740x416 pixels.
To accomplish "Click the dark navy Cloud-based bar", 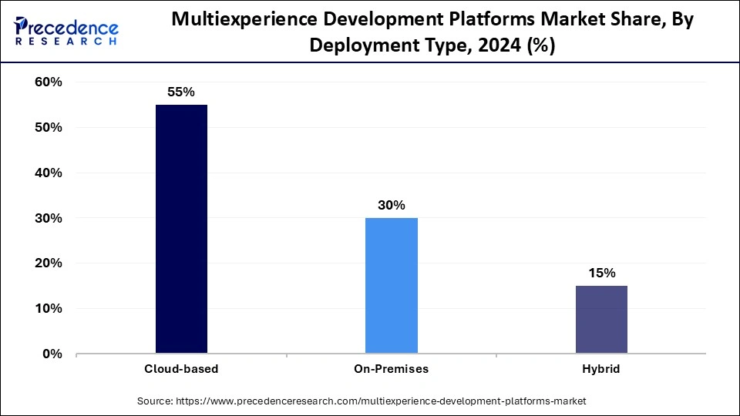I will click(181, 229).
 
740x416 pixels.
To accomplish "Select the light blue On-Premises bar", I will click(391, 286).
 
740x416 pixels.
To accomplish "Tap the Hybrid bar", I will click(601, 320).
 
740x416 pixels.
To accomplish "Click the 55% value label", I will click(181, 92).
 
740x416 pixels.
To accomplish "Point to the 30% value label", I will click(391, 205).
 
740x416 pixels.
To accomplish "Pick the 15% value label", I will click(601, 273).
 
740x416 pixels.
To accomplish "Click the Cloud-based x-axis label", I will click(181, 369).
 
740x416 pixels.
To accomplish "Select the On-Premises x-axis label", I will click(391, 369).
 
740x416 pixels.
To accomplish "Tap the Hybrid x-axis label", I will click(601, 369).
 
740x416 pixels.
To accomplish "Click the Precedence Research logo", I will click(66, 31).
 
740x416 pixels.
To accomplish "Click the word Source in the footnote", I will click(155, 401).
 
